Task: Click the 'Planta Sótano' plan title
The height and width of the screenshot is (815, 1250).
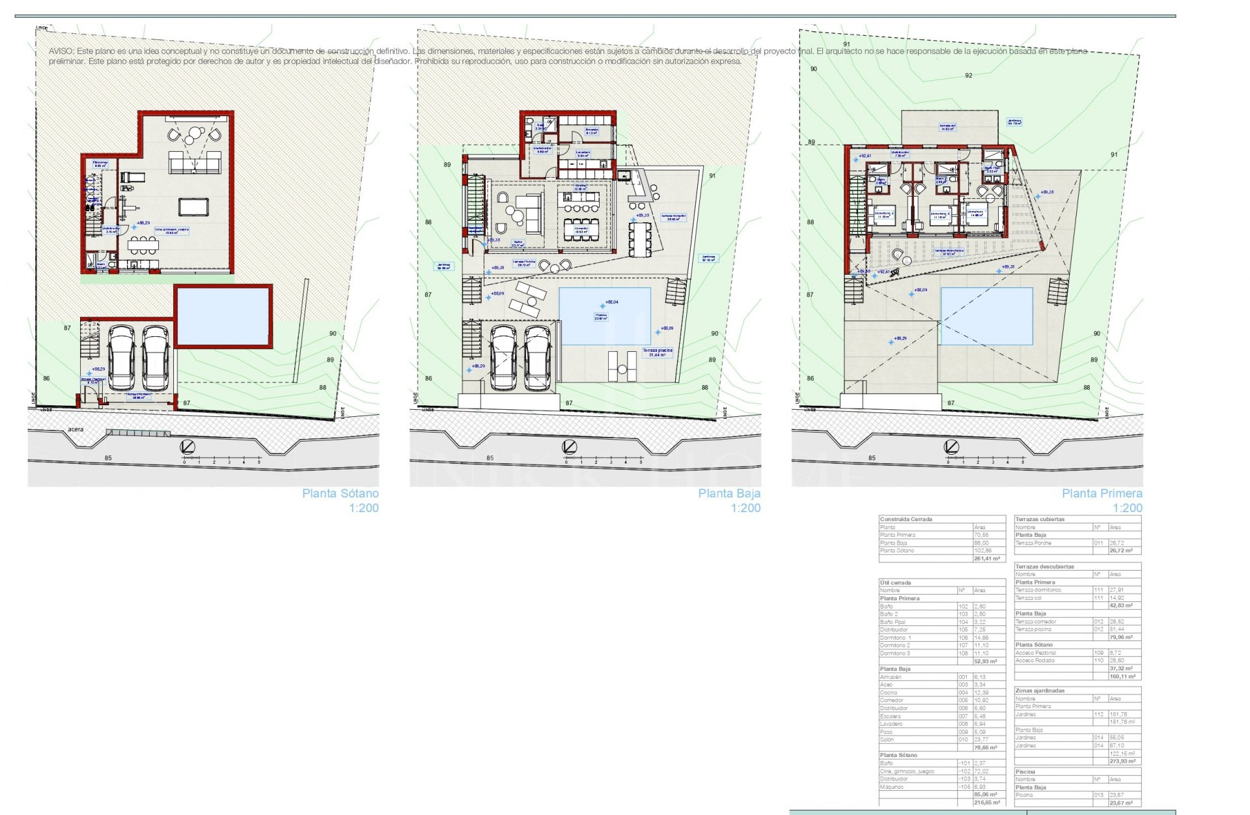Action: point(340,494)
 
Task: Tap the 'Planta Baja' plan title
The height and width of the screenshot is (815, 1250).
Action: point(729,494)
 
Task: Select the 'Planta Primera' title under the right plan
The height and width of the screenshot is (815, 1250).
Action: point(1102,494)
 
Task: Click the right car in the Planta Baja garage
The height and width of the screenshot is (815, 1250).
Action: point(538,358)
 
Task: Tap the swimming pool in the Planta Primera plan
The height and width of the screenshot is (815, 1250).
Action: point(986,316)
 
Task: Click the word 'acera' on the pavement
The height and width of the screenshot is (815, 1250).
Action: point(76,430)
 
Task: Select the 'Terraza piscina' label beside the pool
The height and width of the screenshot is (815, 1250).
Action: point(658,350)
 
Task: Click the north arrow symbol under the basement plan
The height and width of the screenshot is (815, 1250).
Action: point(188,447)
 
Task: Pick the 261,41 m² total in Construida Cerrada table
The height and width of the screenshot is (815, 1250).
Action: point(987,559)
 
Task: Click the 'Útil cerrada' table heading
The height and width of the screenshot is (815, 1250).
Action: point(895,582)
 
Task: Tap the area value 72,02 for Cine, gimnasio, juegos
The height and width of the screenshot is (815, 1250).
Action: point(980,771)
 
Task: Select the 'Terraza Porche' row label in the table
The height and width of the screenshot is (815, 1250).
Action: point(1033,543)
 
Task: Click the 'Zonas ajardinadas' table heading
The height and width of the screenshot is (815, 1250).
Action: point(1040,690)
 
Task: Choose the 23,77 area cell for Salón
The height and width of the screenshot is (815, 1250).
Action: point(980,740)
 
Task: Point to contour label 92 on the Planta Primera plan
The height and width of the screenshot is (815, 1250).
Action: point(969,76)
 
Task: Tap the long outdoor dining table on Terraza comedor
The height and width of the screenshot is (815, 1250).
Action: point(640,238)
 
